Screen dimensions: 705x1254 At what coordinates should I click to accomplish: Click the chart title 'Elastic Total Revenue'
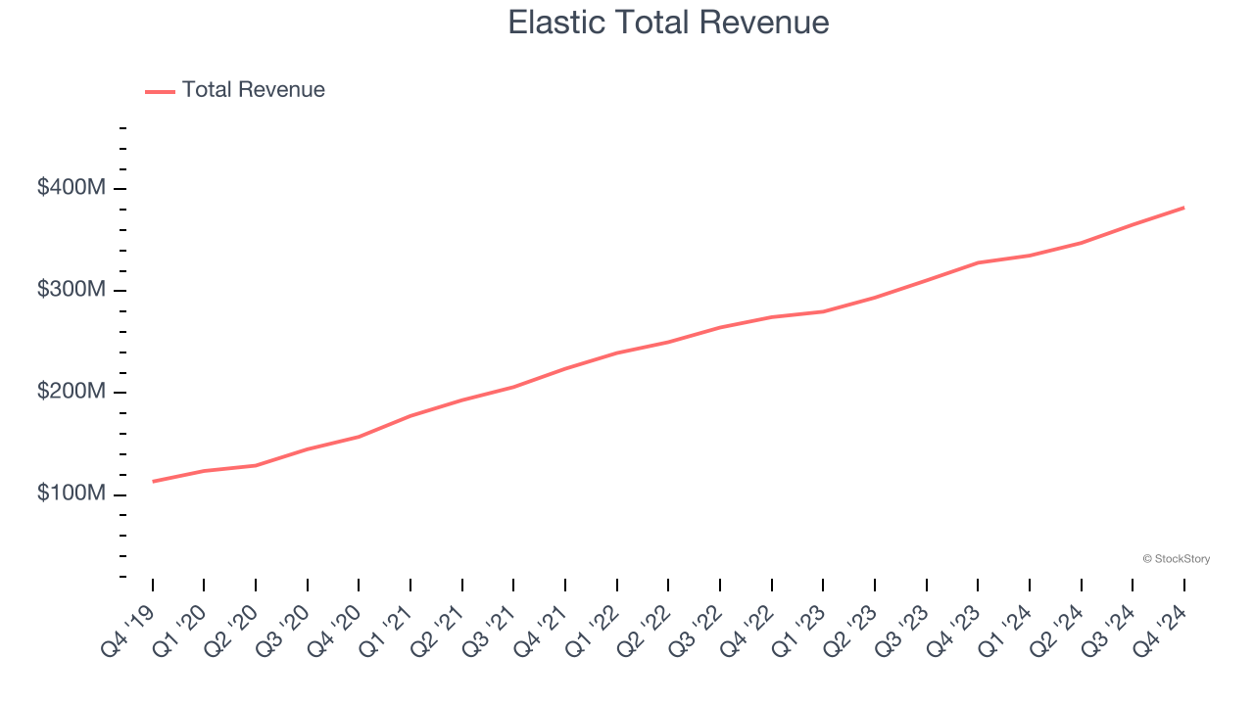[668, 23]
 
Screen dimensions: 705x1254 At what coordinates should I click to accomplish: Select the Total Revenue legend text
[253, 90]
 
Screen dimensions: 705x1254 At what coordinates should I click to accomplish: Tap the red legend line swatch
[160, 91]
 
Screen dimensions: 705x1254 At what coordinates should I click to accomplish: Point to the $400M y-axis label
[72, 188]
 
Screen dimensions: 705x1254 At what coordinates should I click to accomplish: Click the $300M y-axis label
[72, 291]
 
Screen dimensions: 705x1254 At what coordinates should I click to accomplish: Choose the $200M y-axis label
[72, 393]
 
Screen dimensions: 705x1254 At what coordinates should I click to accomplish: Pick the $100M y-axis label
[72, 494]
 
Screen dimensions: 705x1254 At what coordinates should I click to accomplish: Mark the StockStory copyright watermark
[1176, 559]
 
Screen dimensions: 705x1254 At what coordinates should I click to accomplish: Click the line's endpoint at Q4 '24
[1184, 208]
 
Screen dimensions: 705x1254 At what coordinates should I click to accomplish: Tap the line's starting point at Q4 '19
[153, 482]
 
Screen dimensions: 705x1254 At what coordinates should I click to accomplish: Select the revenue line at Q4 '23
[978, 262]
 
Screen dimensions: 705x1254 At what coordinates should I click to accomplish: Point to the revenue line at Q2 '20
[256, 465]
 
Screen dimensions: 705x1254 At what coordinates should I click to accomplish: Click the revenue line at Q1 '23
[823, 311]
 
